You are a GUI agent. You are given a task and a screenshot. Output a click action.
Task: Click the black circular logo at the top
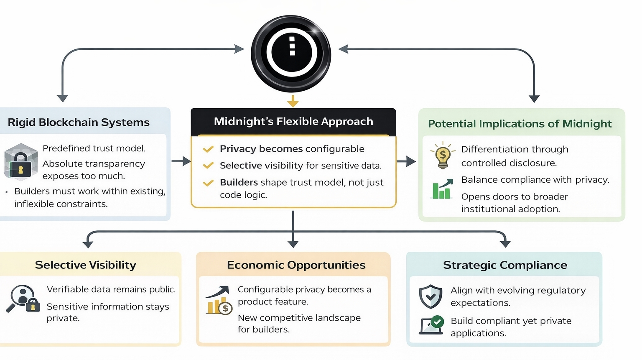[291, 54]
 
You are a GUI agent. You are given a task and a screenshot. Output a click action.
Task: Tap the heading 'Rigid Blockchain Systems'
[79, 123]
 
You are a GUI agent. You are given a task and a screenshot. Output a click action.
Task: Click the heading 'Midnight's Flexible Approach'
[293, 122]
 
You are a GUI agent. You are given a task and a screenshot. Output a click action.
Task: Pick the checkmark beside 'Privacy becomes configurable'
[208, 149]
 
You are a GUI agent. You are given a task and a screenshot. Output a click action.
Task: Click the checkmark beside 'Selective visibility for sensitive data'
[208, 166]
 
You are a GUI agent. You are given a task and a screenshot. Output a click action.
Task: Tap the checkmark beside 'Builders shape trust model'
[208, 183]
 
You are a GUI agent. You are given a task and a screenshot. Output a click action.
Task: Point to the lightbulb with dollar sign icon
[443, 155]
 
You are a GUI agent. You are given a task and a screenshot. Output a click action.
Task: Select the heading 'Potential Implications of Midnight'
[520, 124]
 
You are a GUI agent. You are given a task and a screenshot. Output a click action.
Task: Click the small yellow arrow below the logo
[293, 101]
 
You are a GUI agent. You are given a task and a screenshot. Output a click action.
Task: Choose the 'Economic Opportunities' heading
[296, 265]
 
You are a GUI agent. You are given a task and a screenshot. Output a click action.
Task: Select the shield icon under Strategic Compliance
[431, 296]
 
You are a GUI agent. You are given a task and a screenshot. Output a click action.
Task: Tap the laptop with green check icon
[432, 325]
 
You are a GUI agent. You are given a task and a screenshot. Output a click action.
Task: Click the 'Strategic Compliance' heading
[505, 265]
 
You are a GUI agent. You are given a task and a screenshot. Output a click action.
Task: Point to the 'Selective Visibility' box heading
[86, 265]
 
